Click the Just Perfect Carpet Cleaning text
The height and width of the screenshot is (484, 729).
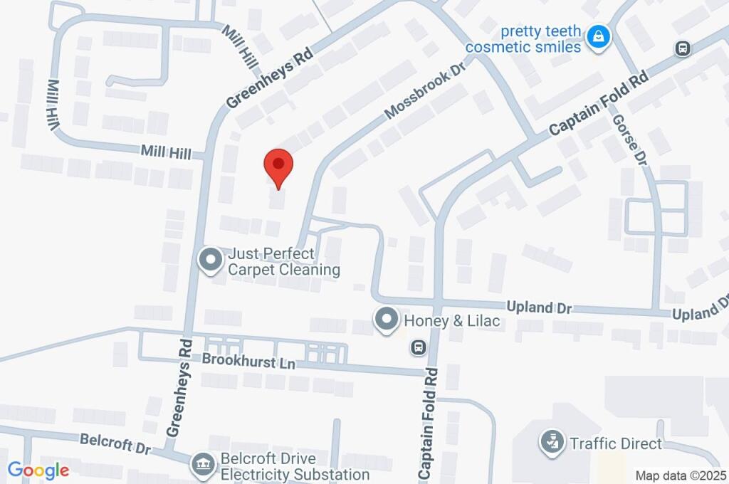(x=283, y=261)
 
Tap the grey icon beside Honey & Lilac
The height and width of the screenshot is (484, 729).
(x=387, y=320)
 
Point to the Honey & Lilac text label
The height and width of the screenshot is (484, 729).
(x=452, y=321)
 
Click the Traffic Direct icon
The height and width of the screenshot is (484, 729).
(x=550, y=443)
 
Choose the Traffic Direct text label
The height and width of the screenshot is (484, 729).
(x=616, y=444)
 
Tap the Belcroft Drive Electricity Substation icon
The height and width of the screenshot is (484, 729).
(x=203, y=466)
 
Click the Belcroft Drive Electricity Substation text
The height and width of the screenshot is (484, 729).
(x=295, y=467)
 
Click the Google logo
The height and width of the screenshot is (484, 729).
(x=38, y=470)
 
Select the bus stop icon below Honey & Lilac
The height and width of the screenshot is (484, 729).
(x=418, y=347)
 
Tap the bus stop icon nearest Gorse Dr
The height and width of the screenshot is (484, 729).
(x=683, y=48)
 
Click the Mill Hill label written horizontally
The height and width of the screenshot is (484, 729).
(x=166, y=152)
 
